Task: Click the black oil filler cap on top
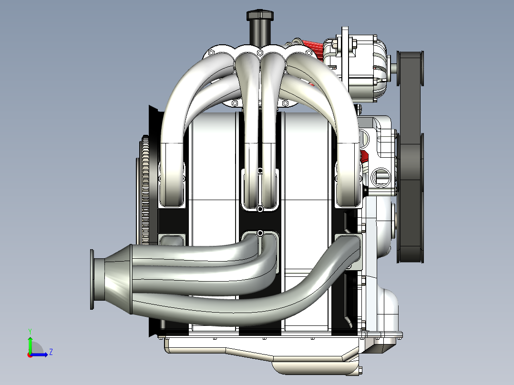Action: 260,15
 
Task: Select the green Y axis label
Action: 30,332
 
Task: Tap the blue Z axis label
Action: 51,352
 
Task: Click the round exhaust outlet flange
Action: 92,280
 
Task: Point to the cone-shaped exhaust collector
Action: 118,279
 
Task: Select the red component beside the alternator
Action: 312,48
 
